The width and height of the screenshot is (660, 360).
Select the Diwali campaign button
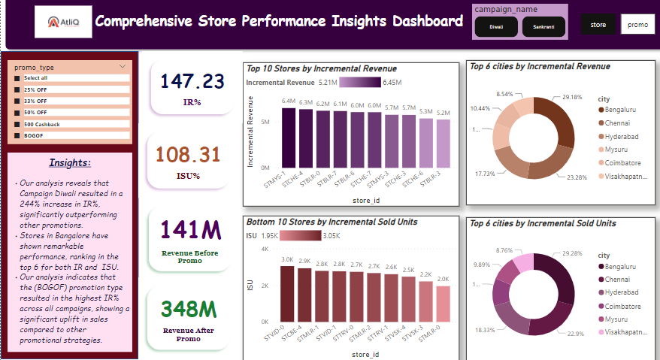496,26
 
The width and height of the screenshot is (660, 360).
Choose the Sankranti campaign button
543,26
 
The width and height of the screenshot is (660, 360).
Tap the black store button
598,24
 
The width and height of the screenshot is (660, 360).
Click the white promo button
637,24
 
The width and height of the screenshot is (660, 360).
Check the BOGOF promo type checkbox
17,135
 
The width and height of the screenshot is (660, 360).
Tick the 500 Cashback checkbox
17,124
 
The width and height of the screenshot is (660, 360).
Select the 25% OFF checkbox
17,89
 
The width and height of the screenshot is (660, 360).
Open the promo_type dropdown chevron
122,67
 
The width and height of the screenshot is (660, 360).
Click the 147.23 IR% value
192,81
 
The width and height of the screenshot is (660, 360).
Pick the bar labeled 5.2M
443,144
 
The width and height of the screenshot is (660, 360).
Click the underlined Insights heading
70,162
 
